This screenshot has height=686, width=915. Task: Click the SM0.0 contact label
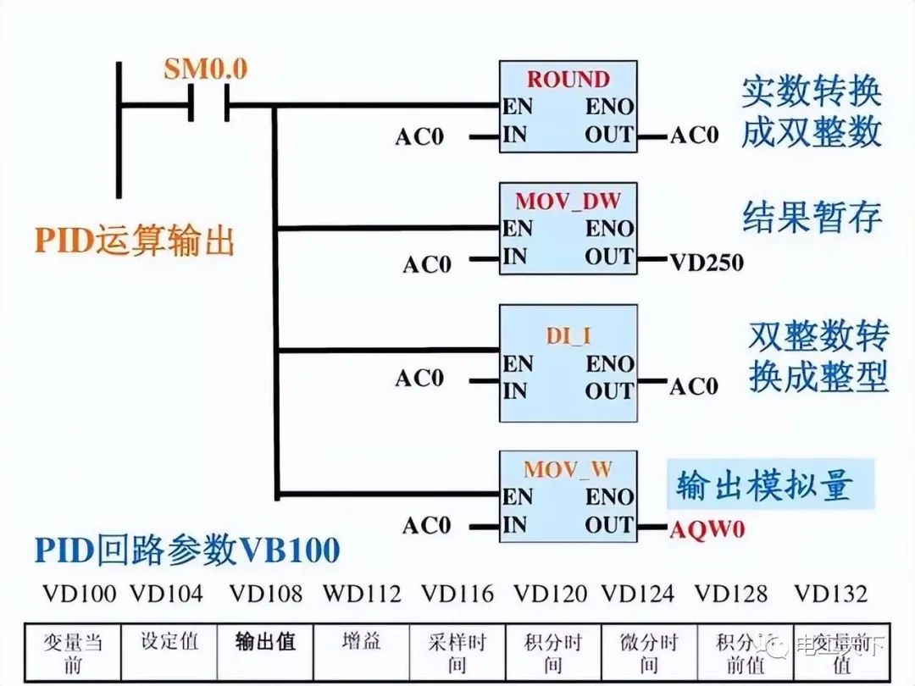206,69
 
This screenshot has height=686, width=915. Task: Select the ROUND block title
568,80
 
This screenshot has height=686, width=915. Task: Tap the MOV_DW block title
568,202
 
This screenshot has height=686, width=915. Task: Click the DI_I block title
568,335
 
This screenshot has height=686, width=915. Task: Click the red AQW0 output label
707,529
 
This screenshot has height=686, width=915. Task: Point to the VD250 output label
707,263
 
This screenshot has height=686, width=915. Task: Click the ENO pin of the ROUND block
609,108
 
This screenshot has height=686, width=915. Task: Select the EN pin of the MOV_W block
517,496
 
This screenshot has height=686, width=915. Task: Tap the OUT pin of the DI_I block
608,391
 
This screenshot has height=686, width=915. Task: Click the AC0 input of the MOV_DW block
426,265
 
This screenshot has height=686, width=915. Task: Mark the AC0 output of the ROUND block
694,136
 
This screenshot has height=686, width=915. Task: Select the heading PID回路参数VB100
187,550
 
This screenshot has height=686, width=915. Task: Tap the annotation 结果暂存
812,217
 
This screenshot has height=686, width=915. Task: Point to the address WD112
361,594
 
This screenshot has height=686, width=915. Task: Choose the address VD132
830,594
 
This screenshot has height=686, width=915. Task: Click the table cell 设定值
169,641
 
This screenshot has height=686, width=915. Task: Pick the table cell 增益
361,641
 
